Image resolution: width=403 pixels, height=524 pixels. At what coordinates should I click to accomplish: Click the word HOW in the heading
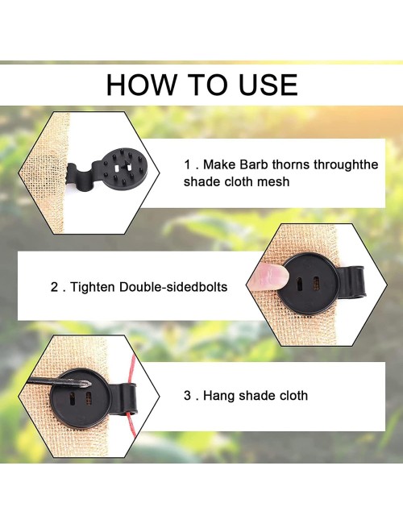click(x=141, y=85)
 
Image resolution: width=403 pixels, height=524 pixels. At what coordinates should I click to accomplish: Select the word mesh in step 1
click(x=273, y=182)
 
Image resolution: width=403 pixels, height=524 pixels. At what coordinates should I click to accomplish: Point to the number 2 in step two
click(x=55, y=287)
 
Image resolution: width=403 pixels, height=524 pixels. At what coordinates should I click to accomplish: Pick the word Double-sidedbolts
click(x=173, y=287)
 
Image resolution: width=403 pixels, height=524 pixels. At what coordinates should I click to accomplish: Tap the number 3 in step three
click(x=188, y=396)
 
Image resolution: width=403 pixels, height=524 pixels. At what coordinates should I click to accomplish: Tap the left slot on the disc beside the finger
click(x=300, y=284)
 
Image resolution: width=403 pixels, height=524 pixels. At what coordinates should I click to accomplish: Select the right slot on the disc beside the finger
click(x=316, y=283)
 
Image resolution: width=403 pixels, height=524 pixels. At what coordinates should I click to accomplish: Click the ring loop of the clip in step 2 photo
click(x=353, y=282)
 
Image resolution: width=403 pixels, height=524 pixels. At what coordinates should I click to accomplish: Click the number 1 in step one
click(x=188, y=164)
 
